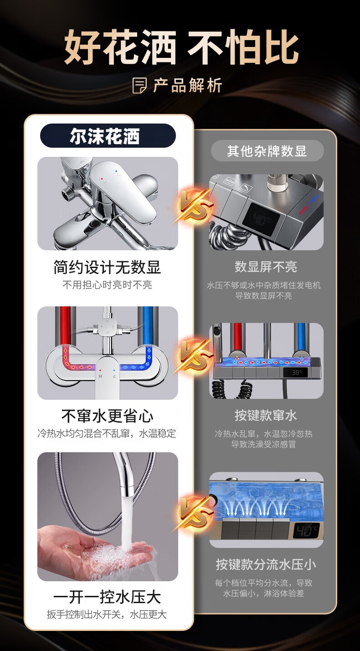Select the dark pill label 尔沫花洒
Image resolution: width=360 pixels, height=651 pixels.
pyautogui.click(x=108, y=136)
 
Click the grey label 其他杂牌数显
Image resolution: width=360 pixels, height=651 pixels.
pyautogui.click(x=267, y=151)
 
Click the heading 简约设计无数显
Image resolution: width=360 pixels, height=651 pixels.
pyautogui.click(x=107, y=267)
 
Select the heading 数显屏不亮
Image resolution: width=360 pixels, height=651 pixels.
pyautogui.click(x=266, y=267)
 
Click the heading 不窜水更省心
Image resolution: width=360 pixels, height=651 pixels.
pyautogui.click(x=107, y=416)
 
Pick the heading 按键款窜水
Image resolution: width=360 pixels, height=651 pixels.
pyautogui.click(x=266, y=415)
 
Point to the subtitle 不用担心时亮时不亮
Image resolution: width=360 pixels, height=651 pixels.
pyautogui.click(x=107, y=285)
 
